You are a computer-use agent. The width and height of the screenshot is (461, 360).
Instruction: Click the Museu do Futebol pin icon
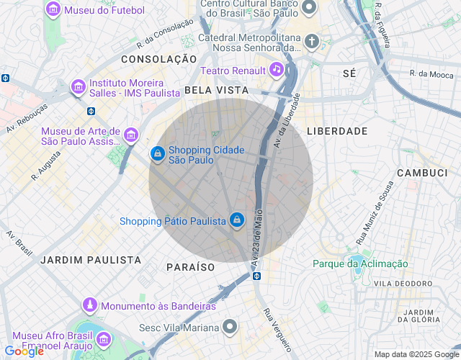tap(53, 10)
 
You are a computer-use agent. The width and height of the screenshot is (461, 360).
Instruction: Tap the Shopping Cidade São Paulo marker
tap(157, 153)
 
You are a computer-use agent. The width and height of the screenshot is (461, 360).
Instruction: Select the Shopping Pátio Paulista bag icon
tap(237, 220)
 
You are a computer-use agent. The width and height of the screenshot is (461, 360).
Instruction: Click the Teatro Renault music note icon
tap(276, 70)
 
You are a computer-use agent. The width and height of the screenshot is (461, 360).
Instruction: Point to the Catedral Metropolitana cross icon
tap(312, 41)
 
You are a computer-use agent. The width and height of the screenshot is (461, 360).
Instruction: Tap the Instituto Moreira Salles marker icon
tap(79, 87)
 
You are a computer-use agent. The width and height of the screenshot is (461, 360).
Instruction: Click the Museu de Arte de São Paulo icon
tap(131, 135)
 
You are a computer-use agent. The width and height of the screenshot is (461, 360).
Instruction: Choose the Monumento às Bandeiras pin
tap(89, 306)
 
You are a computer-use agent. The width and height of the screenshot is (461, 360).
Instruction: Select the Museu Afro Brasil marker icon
tap(103, 338)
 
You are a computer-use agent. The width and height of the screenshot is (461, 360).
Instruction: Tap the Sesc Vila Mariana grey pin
tap(230, 328)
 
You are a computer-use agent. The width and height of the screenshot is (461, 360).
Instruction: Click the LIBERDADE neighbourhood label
tap(337, 131)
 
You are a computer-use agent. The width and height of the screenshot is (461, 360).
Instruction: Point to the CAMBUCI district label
tap(423, 174)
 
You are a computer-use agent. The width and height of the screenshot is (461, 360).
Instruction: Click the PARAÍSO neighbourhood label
tap(191, 266)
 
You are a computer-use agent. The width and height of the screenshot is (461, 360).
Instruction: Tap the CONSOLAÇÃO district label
tap(158, 58)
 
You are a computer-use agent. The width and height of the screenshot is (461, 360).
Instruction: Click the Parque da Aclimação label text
tap(360, 264)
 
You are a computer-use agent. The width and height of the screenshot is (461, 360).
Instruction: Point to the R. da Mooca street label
tap(431, 73)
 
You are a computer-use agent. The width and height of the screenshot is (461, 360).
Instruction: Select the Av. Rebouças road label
tap(27, 117)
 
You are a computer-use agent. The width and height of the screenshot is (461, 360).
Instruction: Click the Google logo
tap(24, 351)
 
